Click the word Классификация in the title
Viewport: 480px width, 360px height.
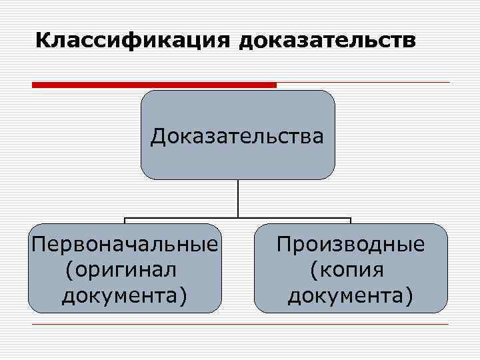click(131, 41)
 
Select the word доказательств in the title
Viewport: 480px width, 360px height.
click(327, 41)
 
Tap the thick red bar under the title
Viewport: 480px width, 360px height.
click(153, 85)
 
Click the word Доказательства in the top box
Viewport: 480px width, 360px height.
click(237, 137)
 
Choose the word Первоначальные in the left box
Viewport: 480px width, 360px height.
click(125, 244)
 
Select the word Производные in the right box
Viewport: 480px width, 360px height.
click(351, 244)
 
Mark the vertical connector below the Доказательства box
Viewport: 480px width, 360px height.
click(238, 198)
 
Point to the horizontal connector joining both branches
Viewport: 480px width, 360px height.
click(293, 218)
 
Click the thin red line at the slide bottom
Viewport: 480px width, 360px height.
click(240, 325)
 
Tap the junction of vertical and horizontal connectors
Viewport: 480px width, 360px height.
click(238, 218)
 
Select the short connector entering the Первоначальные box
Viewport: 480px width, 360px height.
click(125, 221)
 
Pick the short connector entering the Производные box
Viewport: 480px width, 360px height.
click(351, 221)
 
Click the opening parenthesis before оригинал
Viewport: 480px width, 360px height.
click(69, 271)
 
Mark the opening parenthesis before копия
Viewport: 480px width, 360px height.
click(314, 271)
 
